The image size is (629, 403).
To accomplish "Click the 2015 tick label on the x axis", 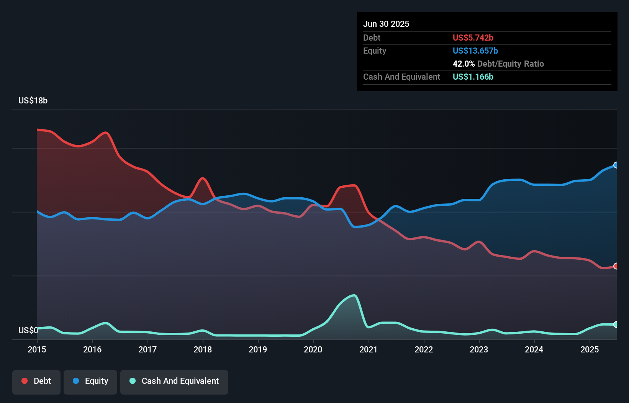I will click(37, 349).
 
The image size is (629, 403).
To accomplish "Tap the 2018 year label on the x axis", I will click(203, 349).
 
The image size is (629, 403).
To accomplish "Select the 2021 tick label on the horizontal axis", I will click(369, 349).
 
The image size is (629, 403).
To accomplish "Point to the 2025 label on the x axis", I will click(590, 349).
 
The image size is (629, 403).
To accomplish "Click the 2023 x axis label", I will click(479, 349).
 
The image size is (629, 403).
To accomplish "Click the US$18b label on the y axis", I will click(33, 101).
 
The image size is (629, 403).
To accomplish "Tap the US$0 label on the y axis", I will click(28, 330).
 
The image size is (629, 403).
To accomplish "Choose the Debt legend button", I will click(36, 381).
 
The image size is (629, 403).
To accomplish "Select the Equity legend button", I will click(90, 381).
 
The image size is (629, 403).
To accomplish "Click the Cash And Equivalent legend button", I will click(174, 381).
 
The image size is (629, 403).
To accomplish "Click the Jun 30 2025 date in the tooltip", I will click(386, 24).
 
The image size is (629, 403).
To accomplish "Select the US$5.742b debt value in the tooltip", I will click(473, 38).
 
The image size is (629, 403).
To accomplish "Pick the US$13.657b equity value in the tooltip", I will click(475, 51).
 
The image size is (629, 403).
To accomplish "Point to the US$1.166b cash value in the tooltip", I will click(473, 77).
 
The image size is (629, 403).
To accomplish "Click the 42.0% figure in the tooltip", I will click(464, 64).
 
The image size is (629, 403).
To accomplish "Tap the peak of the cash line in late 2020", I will click(354, 295).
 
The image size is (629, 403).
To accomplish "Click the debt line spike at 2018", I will click(203, 178).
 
